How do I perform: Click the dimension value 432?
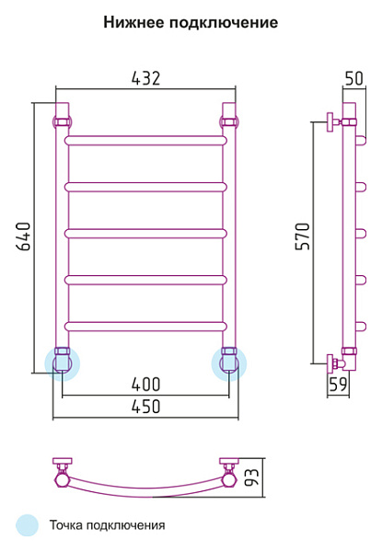[x=145, y=78]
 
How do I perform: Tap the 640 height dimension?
[x=24, y=236]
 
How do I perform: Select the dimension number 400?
[x=145, y=384]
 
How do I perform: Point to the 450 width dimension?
[x=145, y=407]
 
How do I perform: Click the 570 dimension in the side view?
[x=303, y=236]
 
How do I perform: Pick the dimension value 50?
[x=353, y=78]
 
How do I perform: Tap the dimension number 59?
[x=338, y=384]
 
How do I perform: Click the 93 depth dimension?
[x=251, y=477]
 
